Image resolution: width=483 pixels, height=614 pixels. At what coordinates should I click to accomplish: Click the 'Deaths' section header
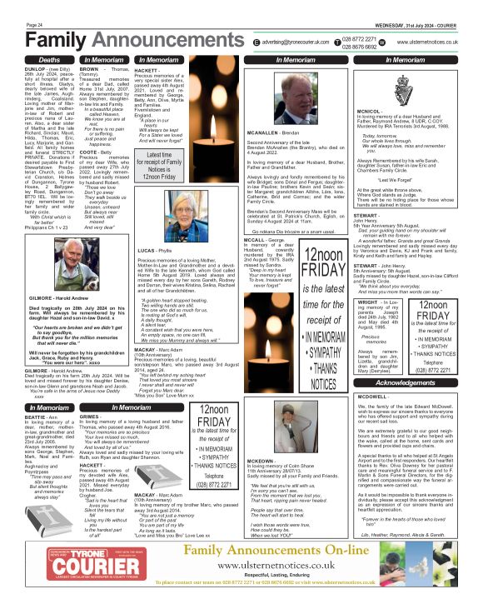click(x=48, y=60)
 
